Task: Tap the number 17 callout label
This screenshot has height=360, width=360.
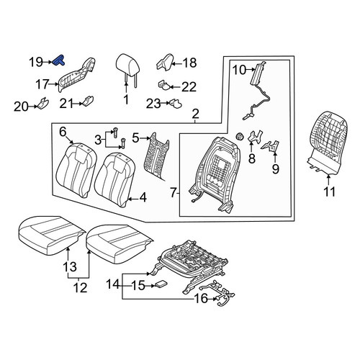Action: (42, 84)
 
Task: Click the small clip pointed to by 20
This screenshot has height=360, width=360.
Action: (42, 103)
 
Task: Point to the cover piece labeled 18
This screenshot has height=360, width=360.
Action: (165, 61)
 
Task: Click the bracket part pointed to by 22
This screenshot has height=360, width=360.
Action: (164, 85)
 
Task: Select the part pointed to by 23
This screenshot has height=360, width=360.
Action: (176, 104)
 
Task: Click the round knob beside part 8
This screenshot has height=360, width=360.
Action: (240, 136)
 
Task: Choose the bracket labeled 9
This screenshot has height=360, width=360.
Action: (271, 146)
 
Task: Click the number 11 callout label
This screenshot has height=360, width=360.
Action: (329, 192)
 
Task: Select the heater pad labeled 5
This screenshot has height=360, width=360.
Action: (156, 156)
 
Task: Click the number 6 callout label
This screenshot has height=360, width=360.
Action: (63, 132)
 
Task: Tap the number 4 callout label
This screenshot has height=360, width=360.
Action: (143, 197)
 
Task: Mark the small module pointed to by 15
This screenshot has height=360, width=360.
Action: (161, 284)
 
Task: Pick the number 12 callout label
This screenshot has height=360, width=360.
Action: (80, 287)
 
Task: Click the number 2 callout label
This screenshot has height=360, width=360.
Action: (196, 114)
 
